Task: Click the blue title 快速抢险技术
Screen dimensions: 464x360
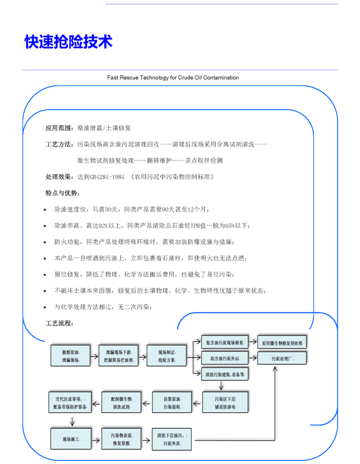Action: coord(68,42)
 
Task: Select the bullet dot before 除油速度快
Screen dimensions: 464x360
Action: coord(45,210)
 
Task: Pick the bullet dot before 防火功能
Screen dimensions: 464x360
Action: coord(45,242)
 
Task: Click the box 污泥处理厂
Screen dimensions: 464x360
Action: coord(282,359)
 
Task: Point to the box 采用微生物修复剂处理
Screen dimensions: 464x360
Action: coord(282,344)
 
